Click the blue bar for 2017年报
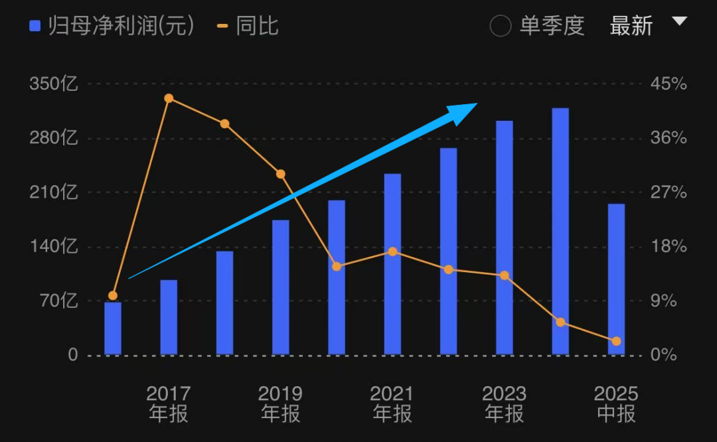point(169,317)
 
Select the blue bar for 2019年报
point(281,287)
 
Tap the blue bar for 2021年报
point(392,264)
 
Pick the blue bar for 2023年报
point(505,238)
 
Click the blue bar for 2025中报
point(616,279)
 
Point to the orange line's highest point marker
point(169,98)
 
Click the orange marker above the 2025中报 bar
point(616,341)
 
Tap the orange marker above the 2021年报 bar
point(392,252)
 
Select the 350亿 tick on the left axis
point(54,84)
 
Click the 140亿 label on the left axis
point(54,247)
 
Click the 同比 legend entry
point(248,26)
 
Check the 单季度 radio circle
point(500,26)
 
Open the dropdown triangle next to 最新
point(678,22)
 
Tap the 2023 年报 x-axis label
point(505,404)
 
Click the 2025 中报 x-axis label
point(616,404)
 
